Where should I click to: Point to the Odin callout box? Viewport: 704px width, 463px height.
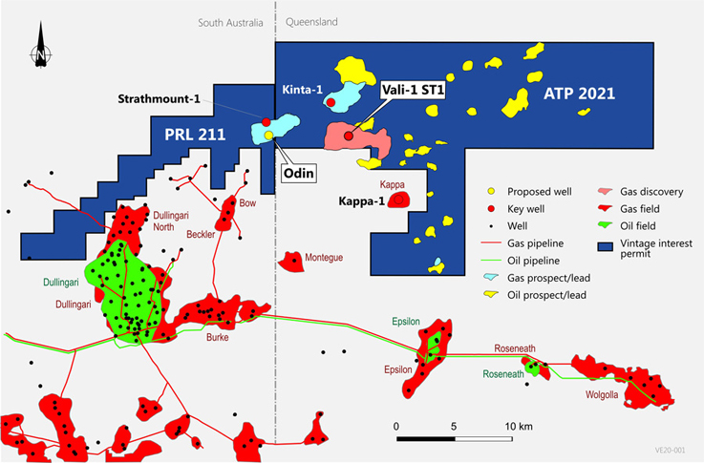(x=299, y=174)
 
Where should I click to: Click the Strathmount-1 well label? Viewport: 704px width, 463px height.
(x=160, y=99)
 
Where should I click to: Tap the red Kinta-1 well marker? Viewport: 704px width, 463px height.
(x=331, y=102)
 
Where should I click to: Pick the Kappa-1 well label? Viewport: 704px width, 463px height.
(x=361, y=202)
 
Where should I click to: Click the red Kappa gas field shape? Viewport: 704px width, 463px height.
(x=397, y=200)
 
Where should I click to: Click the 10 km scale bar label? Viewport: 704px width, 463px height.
(x=519, y=425)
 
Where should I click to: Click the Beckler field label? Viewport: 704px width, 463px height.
(x=203, y=234)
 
